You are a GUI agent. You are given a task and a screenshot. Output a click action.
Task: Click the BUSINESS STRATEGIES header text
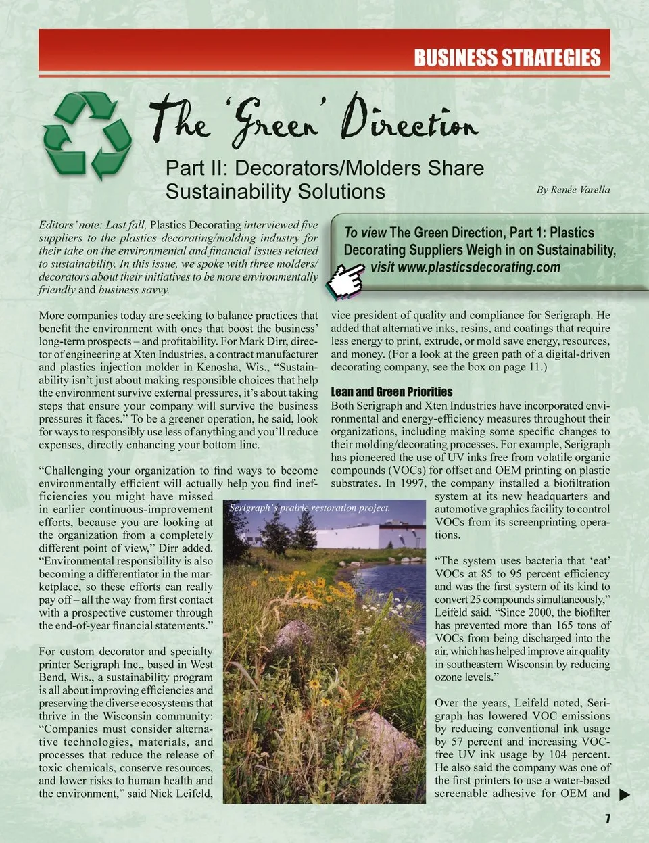pos(507,57)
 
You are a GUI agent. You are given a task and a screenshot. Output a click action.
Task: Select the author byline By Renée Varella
pos(573,190)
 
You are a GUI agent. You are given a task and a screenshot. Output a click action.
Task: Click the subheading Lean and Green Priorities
pos(391,392)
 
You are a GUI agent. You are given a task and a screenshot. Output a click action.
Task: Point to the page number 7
pos(607,819)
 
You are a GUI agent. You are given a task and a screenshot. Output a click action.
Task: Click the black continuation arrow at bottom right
pos(625,795)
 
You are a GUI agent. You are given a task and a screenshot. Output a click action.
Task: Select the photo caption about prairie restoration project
pos(310,508)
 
